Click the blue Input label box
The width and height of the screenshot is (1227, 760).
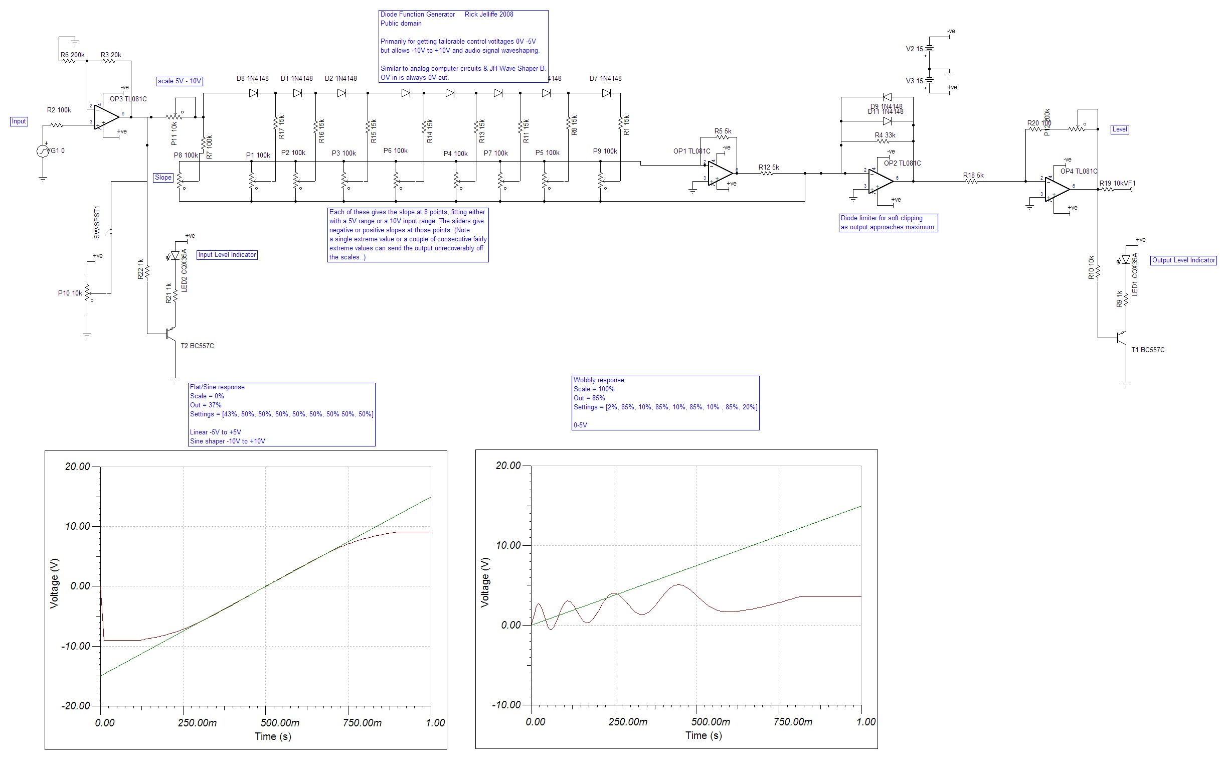point(19,121)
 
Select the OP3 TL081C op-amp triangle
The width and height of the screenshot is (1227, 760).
point(105,117)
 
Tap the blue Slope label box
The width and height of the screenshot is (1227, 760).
point(163,178)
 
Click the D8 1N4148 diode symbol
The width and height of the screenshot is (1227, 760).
point(253,93)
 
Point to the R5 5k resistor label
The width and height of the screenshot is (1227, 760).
point(723,131)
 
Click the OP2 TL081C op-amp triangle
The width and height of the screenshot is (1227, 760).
point(880,181)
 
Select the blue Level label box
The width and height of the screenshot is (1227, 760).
point(1120,129)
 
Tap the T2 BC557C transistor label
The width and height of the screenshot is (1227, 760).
point(198,346)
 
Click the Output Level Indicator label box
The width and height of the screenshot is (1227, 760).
point(1183,260)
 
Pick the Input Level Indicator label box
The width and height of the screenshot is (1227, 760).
point(227,255)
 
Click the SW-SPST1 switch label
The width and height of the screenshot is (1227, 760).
point(97,222)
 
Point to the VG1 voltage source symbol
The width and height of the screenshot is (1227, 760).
point(43,151)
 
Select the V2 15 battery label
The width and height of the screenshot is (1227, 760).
point(915,49)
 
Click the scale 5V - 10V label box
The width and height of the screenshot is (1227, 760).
point(180,81)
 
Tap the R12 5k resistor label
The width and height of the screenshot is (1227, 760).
point(769,168)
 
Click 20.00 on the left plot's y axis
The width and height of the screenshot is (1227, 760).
point(77,467)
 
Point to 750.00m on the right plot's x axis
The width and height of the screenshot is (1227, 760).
point(792,722)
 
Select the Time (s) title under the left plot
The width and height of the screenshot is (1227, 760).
point(273,736)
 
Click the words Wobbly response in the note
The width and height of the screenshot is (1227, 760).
point(598,380)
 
